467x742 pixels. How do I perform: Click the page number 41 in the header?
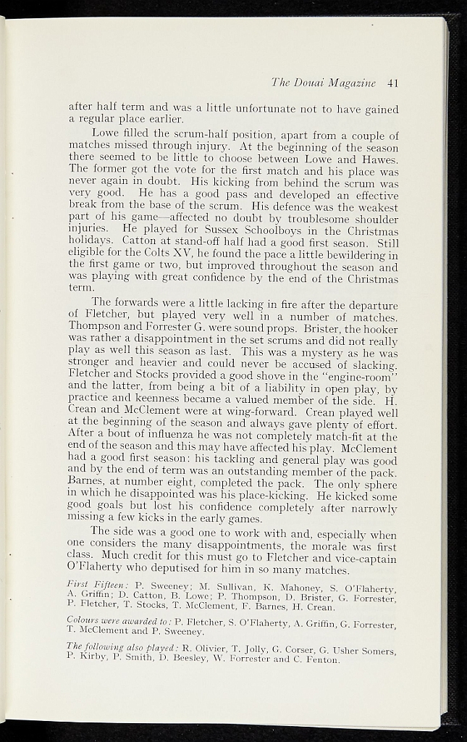click(393, 83)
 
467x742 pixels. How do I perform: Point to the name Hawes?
click(381, 159)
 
